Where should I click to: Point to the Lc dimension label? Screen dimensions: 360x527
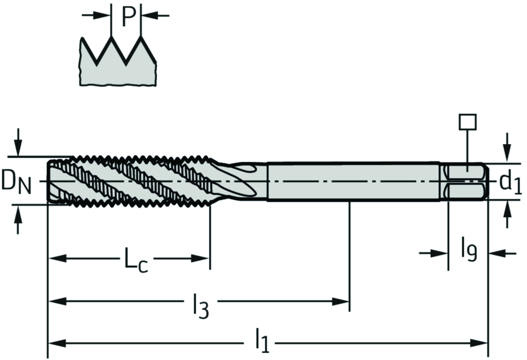click(135, 260)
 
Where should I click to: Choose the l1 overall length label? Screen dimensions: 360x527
click(262, 342)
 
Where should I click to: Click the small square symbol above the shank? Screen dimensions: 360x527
click(467, 122)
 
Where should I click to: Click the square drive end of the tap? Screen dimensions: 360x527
click(465, 182)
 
